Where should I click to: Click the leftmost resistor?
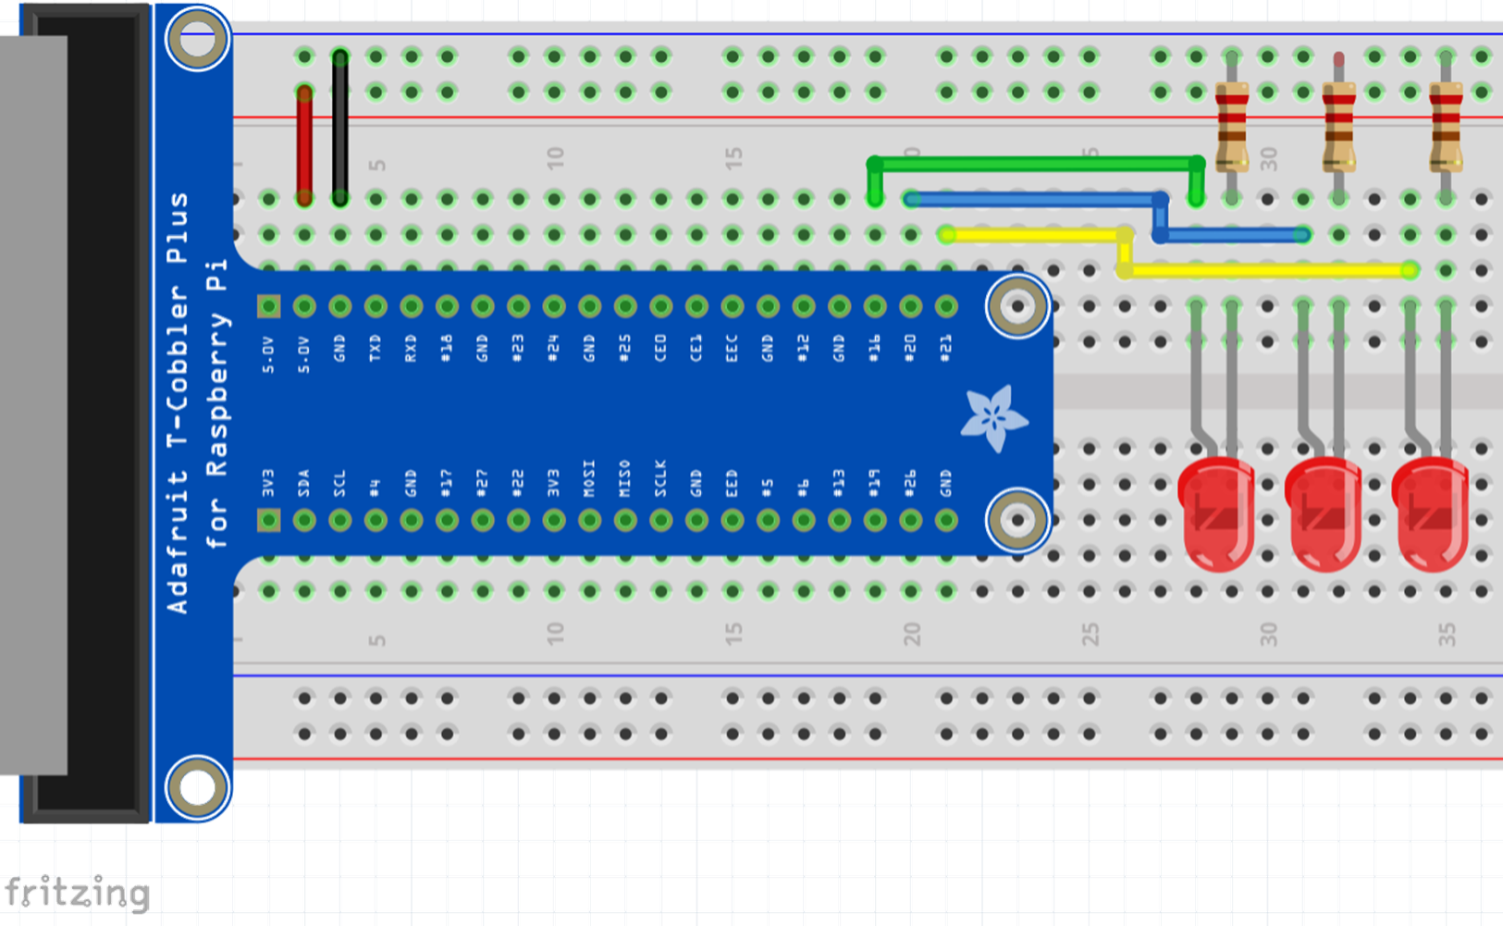1231,126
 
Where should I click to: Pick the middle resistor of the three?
1338,126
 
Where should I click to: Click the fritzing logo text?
77,893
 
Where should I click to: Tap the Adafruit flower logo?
993,418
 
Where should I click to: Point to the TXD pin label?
375,348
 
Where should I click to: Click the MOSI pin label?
589,478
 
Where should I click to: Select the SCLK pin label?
660,478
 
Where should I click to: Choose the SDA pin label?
303,483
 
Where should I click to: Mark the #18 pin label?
446,348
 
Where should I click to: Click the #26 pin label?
910,482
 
